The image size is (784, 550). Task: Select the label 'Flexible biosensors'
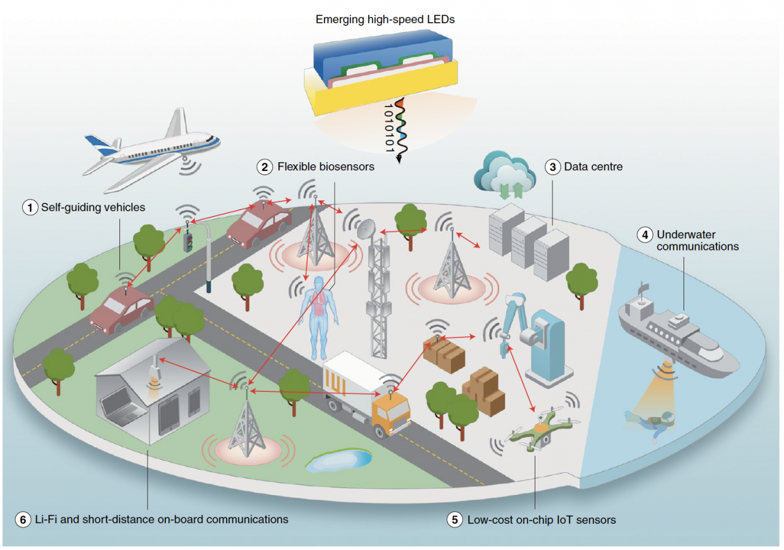(x=325, y=166)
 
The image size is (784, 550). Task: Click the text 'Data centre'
(x=593, y=166)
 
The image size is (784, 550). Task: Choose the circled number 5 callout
(x=454, y=520)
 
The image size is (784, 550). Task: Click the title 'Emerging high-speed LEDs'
(x=385, y=20)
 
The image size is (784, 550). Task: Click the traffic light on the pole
(x=188, y=241)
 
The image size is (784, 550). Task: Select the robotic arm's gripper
(x=503, y=346)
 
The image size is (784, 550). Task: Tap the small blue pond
(x=339, y=460)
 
